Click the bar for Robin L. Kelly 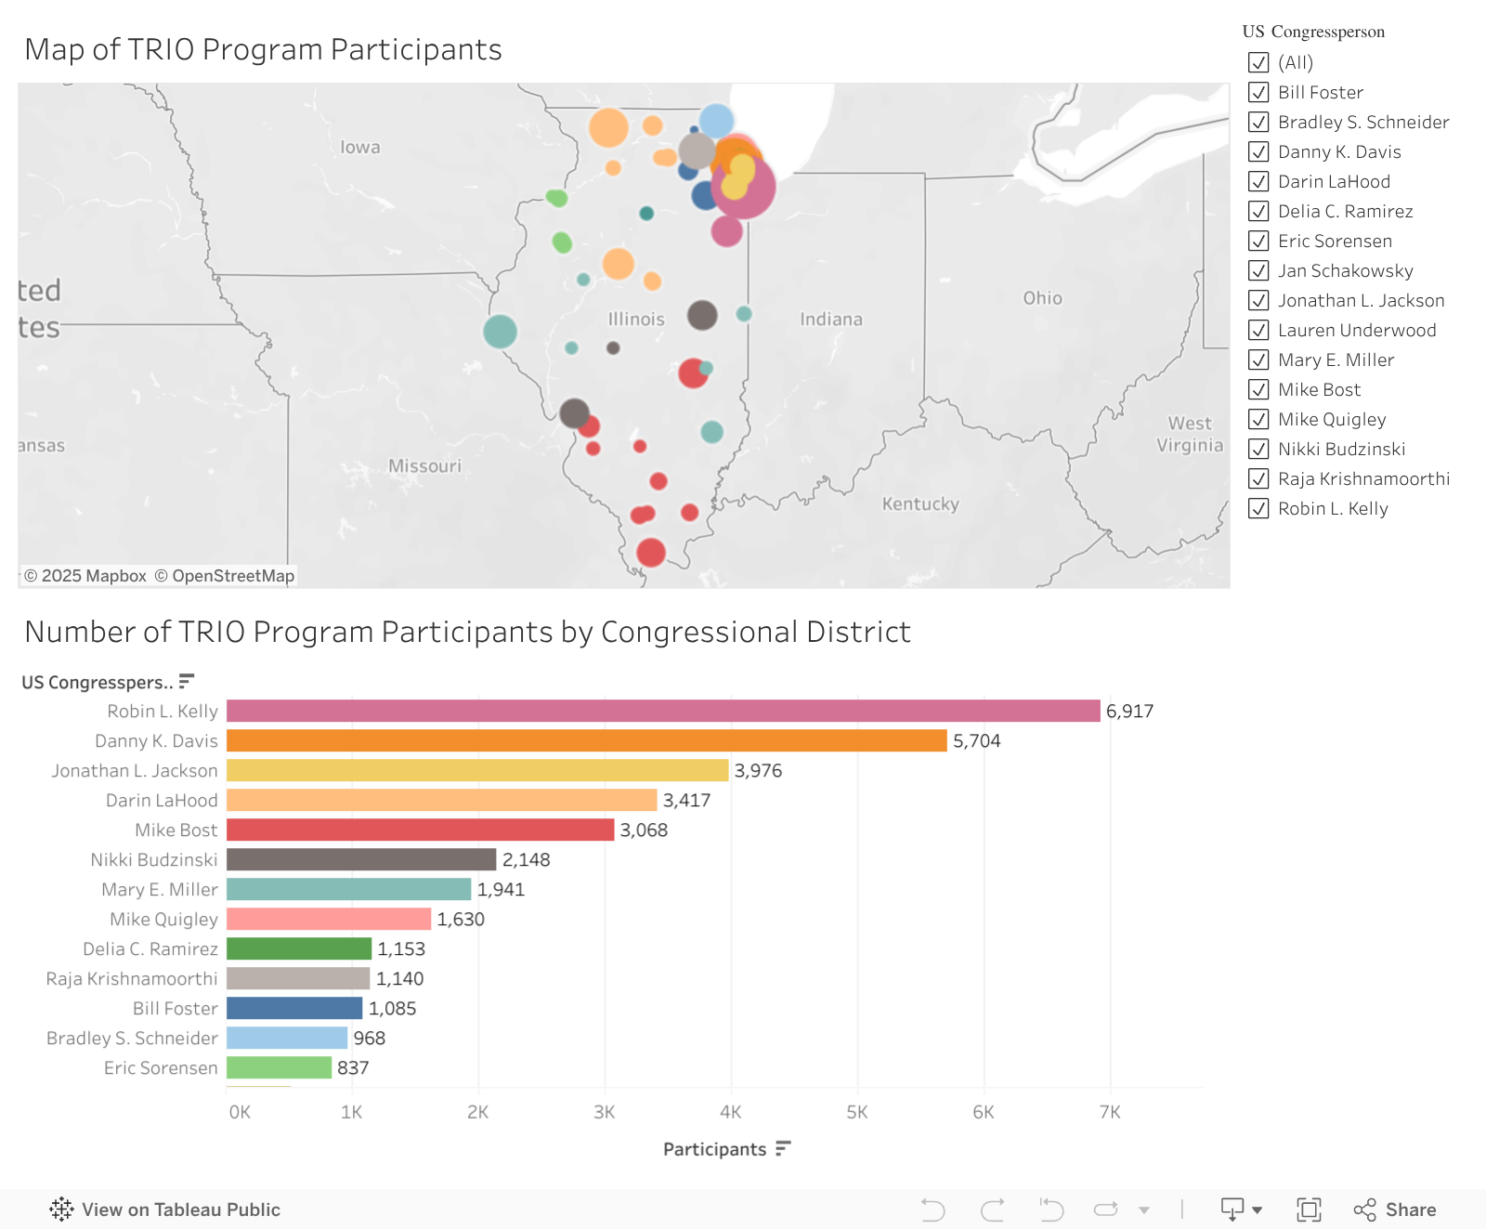click(x=663, y=711)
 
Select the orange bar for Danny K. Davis click(x=586, y=740)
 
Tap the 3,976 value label click(x=758, y=771)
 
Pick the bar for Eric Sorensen click(x=279, y=1067)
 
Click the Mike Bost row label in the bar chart click(x=176, y=830)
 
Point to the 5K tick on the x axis click(x=856, y=1112)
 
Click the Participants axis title click(x=714, y=1149)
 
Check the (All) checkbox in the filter click(x=1258, y=62)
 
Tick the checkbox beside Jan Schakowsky click(x=1258, y=270)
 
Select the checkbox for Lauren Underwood click(x=1258, y=330)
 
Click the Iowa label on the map click(x=360, y=147)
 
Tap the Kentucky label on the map click(x=919, y=503)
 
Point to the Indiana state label click(x=831, y=320)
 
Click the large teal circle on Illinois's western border click(x=500, y=332)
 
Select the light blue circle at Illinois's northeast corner click(x=716, y=120)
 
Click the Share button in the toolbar click(x=1395, y=1209)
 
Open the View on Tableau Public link click(x=165, y=1209)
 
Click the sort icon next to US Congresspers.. click(x=187, y=681)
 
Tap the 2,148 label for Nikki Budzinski click(x=526, y=860)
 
